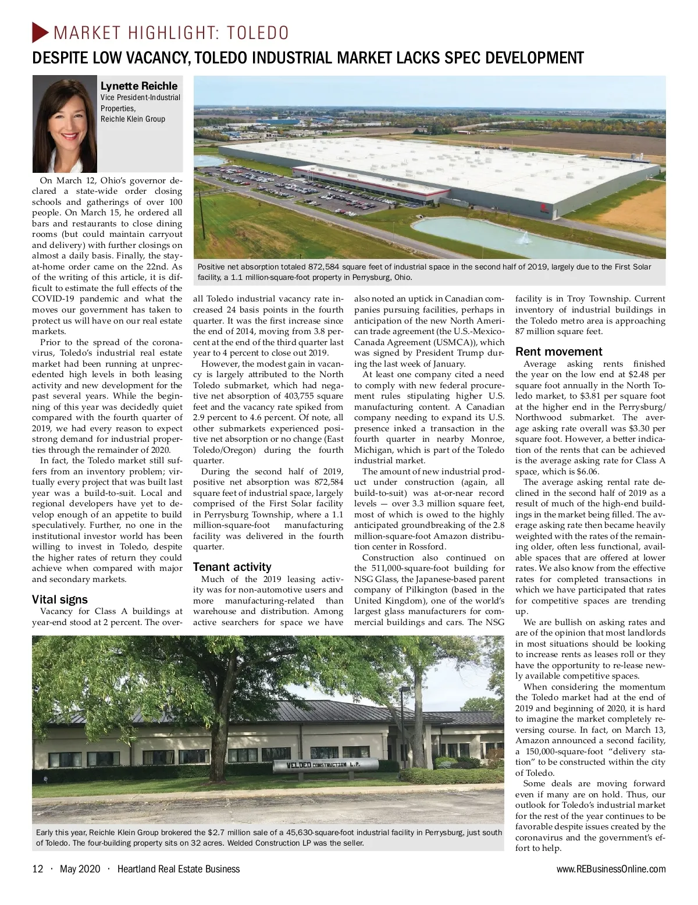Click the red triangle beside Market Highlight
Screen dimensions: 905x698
40,32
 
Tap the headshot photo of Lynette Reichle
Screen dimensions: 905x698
64,123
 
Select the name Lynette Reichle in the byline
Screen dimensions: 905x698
139,86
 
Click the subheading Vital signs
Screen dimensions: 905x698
59,599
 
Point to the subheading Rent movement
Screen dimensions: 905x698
559,352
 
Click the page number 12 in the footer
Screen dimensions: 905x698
37,869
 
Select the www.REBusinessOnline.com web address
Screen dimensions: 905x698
611,869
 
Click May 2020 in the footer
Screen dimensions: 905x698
80,869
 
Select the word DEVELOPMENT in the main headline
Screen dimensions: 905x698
534,58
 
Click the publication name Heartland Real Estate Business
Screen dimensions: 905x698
178,869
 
